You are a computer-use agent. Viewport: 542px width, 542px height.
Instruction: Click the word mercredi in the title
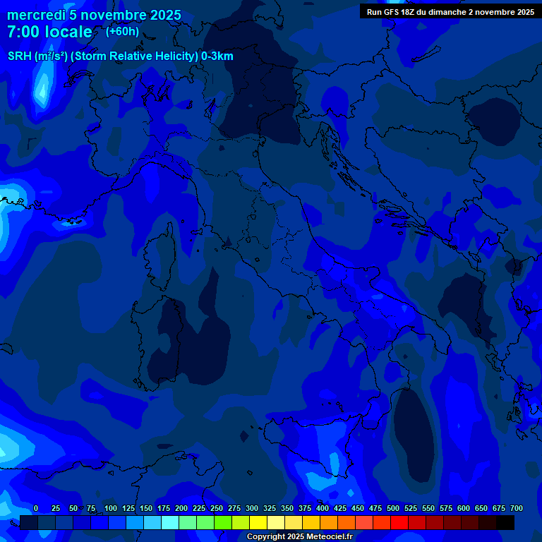[36, 16]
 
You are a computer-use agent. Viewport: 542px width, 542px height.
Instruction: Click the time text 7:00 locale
[49, 32]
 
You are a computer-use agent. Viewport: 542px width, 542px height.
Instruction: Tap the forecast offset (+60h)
[122, 31]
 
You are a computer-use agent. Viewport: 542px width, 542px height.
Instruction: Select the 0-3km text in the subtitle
[217, 56]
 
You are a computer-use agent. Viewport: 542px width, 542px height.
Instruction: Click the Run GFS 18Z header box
[450, 11]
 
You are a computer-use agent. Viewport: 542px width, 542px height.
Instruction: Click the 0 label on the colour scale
[36, 508]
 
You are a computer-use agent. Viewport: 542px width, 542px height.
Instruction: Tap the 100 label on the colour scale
[111, 508]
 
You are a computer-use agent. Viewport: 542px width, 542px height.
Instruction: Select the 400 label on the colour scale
[323, 508]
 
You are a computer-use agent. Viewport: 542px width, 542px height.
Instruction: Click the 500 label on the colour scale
[393, 508]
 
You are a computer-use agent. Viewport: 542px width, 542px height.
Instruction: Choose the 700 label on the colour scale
[517, 508]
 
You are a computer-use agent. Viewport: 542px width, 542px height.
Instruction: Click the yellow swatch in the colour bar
[258, 523]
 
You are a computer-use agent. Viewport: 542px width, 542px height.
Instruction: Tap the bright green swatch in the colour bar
[223, 523]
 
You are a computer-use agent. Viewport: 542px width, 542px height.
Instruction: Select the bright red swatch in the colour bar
[399, 523]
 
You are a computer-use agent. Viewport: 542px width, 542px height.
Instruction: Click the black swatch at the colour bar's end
[505, 523]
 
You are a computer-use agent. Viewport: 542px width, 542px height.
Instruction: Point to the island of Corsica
[161, 251]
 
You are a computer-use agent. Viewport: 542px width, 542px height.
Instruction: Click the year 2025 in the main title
[164, 16]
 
